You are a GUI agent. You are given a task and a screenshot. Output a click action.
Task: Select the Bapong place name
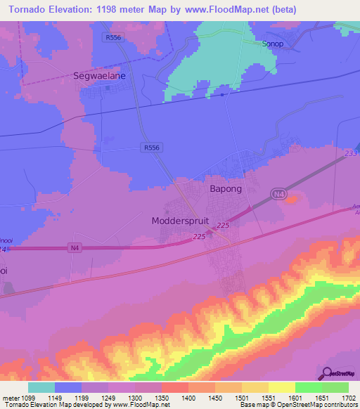(x=226, y=189)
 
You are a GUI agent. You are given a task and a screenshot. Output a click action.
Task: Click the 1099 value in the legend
(x=28, y=397)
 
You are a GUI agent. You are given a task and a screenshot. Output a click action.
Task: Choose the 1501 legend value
(x=241, y=397)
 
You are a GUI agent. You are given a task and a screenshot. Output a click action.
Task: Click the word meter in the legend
(x=10, y=397)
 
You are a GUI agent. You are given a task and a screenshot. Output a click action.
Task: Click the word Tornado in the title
(x=26, y=10)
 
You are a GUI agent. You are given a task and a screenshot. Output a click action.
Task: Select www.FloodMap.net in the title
(x=225, y=10)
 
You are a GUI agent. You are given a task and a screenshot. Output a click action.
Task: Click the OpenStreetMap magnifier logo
(x=326, y=373)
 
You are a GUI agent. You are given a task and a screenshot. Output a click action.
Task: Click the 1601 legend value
(x=295, y=397)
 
